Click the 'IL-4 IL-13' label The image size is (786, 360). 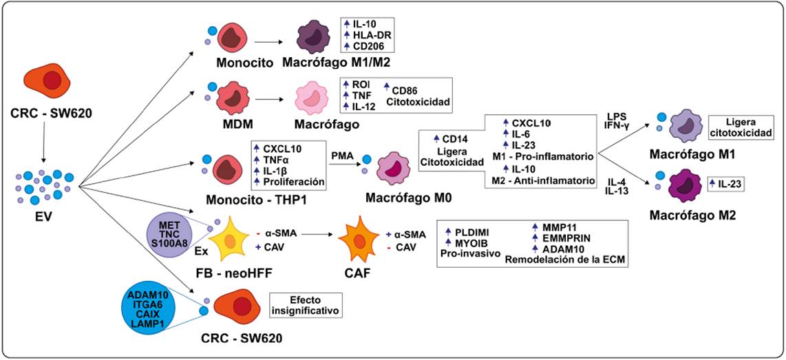(x=615, y=187)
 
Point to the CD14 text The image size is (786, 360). (x=454, y=140)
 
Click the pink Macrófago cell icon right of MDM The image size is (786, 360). (x=314, y=101)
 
